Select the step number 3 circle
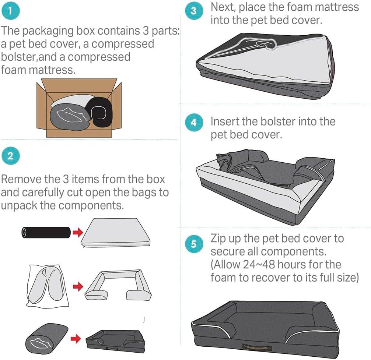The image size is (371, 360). point(194,11)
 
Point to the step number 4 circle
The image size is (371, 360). point(194,123)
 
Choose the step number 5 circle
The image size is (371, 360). point(194,244)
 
